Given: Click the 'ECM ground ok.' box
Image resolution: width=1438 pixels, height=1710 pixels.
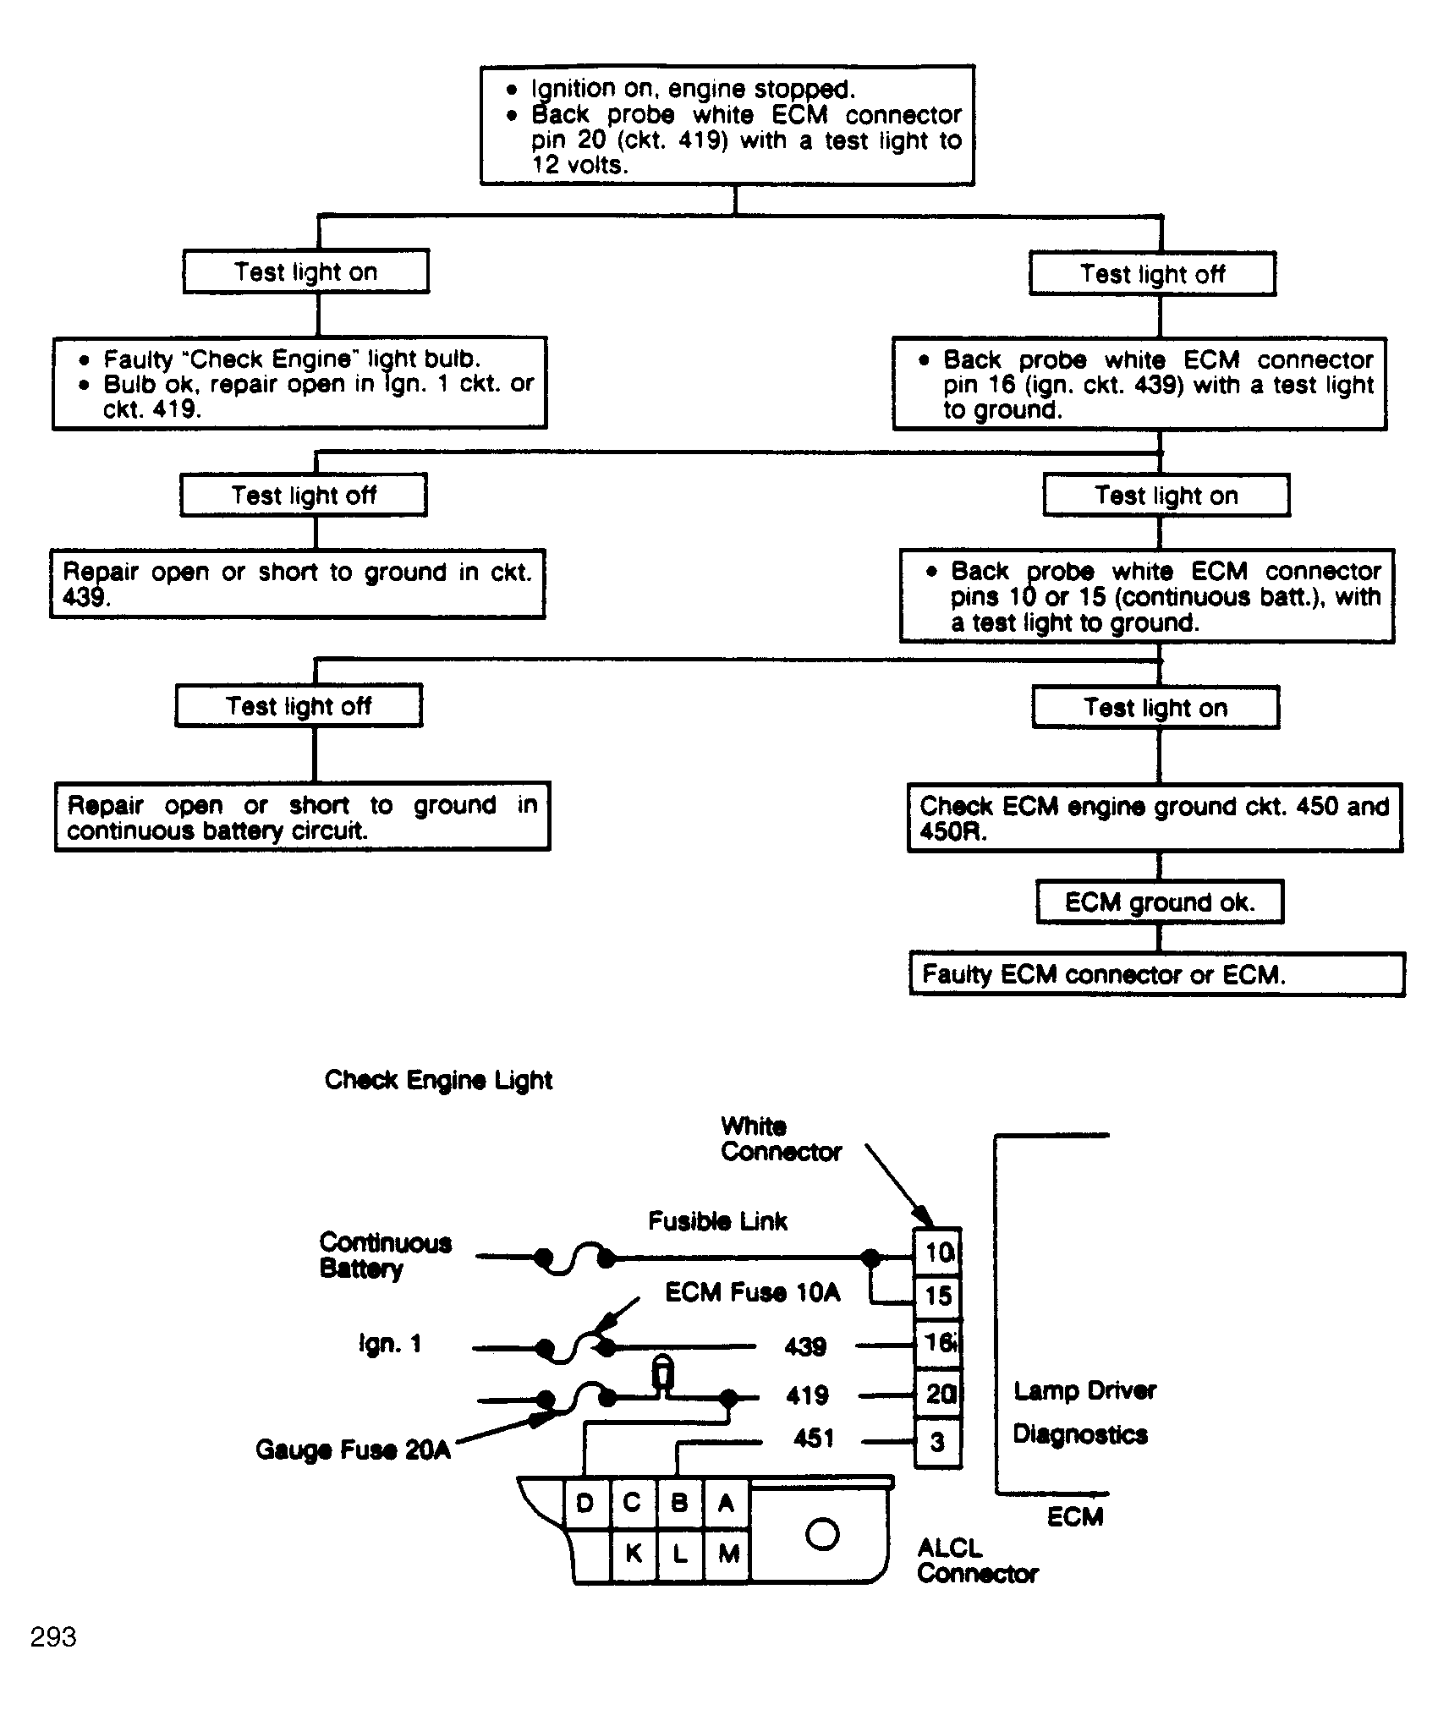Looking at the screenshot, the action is (1159, 902).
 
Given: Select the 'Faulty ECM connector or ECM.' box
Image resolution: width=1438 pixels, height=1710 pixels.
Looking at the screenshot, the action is (1157, 975).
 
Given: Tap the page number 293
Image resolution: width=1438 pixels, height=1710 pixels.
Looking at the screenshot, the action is (53, 1637).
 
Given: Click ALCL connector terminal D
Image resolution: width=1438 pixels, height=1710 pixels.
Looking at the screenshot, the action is (585, 1503).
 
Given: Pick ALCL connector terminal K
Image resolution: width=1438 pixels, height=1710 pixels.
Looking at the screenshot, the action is (634, 1553).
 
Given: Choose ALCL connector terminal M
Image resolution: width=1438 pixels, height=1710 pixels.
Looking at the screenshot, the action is (728, 1553).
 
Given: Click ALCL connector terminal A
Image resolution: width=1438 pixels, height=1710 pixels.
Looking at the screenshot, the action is (726, 1503).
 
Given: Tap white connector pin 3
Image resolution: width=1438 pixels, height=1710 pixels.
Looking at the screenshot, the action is (938, 1442).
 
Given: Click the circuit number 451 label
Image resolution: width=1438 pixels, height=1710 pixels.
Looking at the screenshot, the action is (814, 1438).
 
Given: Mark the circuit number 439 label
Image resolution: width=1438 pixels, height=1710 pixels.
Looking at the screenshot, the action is (805, 1346).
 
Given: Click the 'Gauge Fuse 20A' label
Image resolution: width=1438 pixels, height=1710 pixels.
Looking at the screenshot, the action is (353, 1450).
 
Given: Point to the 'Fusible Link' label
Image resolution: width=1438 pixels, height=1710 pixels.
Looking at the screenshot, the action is (717, 1221).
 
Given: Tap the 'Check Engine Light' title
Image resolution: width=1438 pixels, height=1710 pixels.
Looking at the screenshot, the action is (438, 1081).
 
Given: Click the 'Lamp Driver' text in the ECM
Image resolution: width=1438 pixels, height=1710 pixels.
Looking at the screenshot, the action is (1084, 1391).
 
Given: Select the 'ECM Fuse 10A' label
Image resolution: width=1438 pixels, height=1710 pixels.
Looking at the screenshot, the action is (752, 1292).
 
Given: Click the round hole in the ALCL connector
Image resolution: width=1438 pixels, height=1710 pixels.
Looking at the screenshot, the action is (822, 1534).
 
